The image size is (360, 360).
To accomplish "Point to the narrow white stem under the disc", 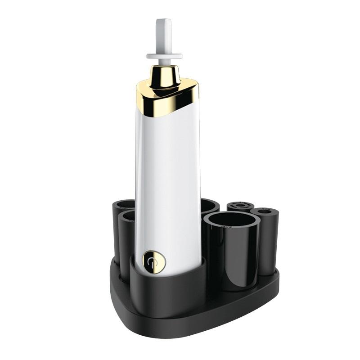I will (164, 63).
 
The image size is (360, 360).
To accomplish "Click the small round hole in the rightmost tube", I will (265, 211).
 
